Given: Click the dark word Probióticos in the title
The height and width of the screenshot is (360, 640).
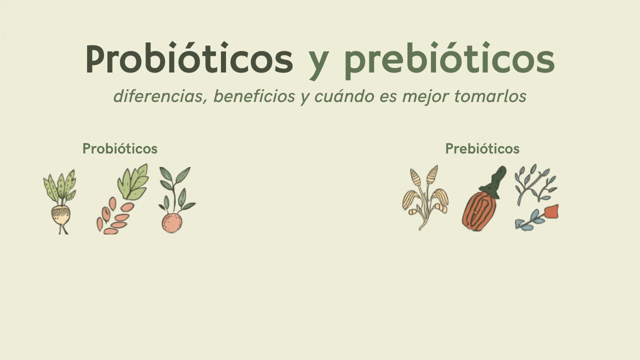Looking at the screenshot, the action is (x=189, y=58).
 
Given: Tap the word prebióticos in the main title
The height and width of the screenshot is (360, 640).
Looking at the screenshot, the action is (x=449, y=60).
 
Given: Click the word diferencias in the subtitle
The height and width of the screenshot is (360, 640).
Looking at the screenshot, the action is (x=160, y=96).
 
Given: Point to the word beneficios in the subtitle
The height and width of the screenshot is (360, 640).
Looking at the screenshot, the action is (x=254, y=96).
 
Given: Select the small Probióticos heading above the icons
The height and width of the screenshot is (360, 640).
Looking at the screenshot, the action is (x=120, y=148).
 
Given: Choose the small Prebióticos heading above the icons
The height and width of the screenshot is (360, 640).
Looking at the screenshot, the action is (x=482, y=148).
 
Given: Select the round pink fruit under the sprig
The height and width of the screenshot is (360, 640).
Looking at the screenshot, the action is (x=171, y=223).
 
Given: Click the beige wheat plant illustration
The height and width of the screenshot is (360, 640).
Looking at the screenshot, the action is (x=425, y=197).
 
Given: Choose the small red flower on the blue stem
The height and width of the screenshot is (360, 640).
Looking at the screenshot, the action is (x=551, y=211).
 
